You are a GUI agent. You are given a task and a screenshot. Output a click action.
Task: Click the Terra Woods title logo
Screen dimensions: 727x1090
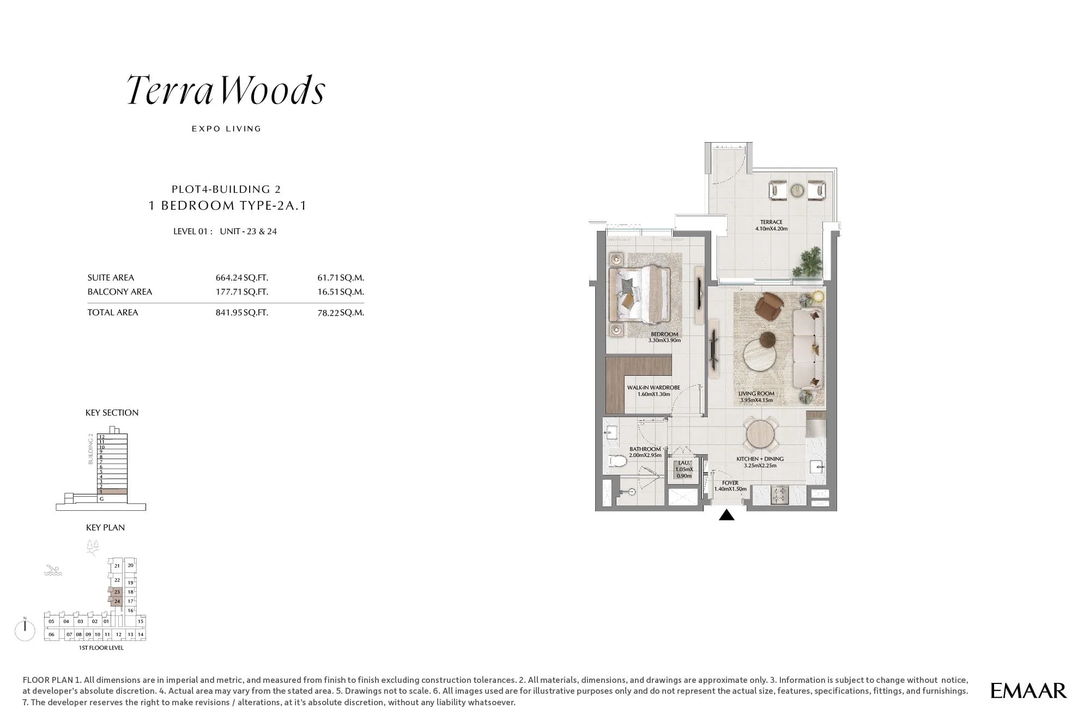coord(226,90)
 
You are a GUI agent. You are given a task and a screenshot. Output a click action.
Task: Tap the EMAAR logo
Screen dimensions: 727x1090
coord(1028,691)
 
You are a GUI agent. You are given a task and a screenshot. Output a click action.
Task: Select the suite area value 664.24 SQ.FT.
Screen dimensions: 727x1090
coord(241,278)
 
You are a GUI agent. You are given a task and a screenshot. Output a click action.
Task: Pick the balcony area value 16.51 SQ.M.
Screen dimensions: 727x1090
coord(341,292)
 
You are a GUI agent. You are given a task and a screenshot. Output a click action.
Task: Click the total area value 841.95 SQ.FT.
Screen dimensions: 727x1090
coord(241,313)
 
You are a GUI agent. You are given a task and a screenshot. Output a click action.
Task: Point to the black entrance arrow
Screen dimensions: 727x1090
coord(726,515)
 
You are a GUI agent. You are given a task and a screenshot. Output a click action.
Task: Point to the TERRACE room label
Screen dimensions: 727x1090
coord(771,222)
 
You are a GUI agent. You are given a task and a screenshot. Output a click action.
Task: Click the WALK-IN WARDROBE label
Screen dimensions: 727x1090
coord(653,388)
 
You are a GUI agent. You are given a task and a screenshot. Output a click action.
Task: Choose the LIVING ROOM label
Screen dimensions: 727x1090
coord(756,394)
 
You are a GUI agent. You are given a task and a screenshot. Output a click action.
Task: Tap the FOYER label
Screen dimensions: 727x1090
coord(730,483)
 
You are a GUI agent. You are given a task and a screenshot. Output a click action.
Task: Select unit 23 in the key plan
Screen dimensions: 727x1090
coord(117,592)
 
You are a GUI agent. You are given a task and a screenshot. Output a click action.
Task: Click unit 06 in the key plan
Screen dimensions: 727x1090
coord(51,634)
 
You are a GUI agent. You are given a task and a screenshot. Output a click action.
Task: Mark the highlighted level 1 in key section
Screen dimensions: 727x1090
coord(113,492)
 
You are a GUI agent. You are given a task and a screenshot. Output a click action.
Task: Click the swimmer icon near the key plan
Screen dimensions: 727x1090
coord(53,571)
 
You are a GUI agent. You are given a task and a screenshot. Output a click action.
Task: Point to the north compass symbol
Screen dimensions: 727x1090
coord(25,630)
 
